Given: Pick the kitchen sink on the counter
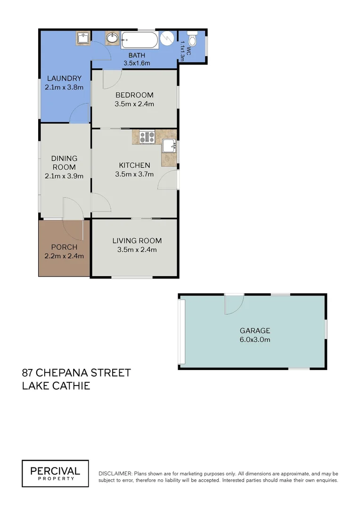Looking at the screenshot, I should click(169, 147).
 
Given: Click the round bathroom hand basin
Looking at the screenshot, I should click(112, 38).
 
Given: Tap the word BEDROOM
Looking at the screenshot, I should click(134, 95).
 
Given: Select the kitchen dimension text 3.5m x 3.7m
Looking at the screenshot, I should click(134, 174).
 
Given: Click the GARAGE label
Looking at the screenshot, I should click(255, 331).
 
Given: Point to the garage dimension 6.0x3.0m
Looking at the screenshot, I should click(255, 339).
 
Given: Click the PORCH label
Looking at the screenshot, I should click(64, 247).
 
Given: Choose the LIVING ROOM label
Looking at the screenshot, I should click(137, 241).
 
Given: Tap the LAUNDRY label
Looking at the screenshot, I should click(64, 79).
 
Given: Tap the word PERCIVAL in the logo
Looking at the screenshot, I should click(55, 470).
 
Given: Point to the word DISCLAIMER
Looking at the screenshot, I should click(115, 474).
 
